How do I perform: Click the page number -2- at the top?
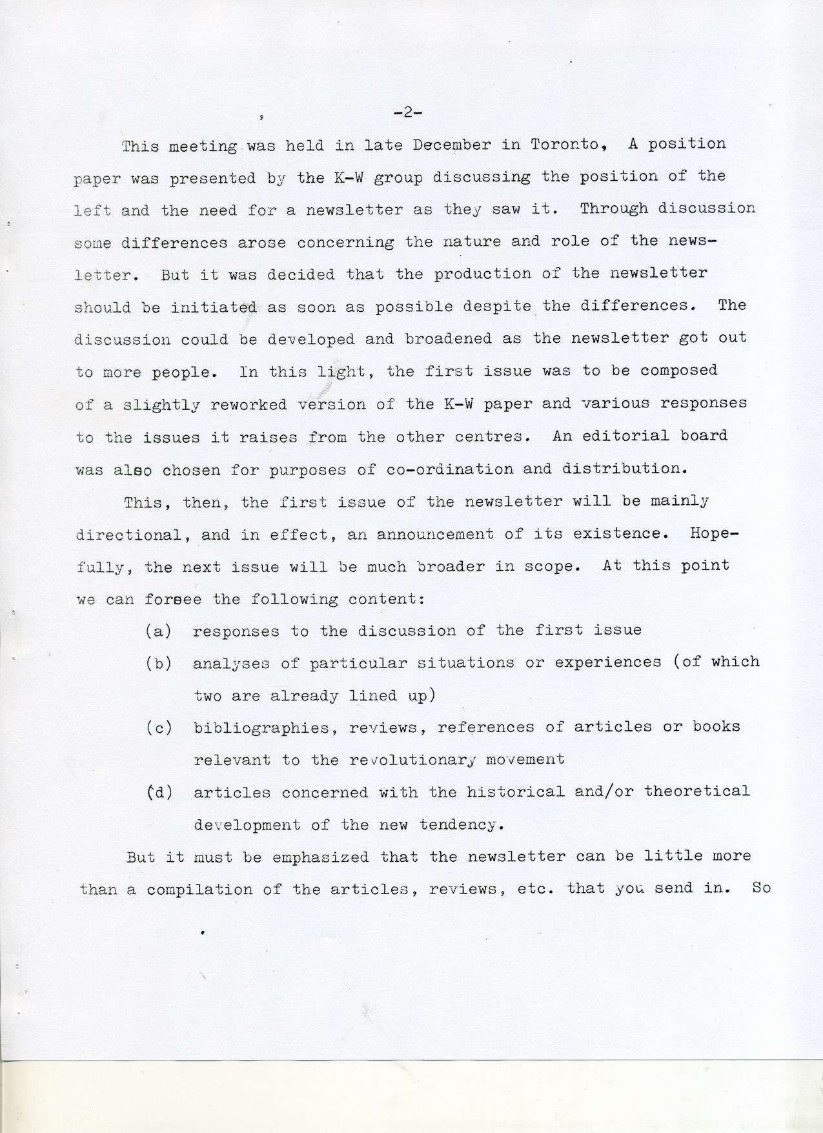pyautogui.click(x=407, y=113)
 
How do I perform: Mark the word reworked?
pyautogui.click(x=249, y=405)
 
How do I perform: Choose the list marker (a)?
pyautogui.click(x=159, y=631)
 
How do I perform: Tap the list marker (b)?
pyautogui.click(x=159, y=663)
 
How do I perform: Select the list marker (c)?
pyautogui.click(x=159, y=728)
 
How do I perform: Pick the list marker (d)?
pyautogui.click(x=159, y=792)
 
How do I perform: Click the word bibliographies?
pyautogui.click(x=265, y=728)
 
